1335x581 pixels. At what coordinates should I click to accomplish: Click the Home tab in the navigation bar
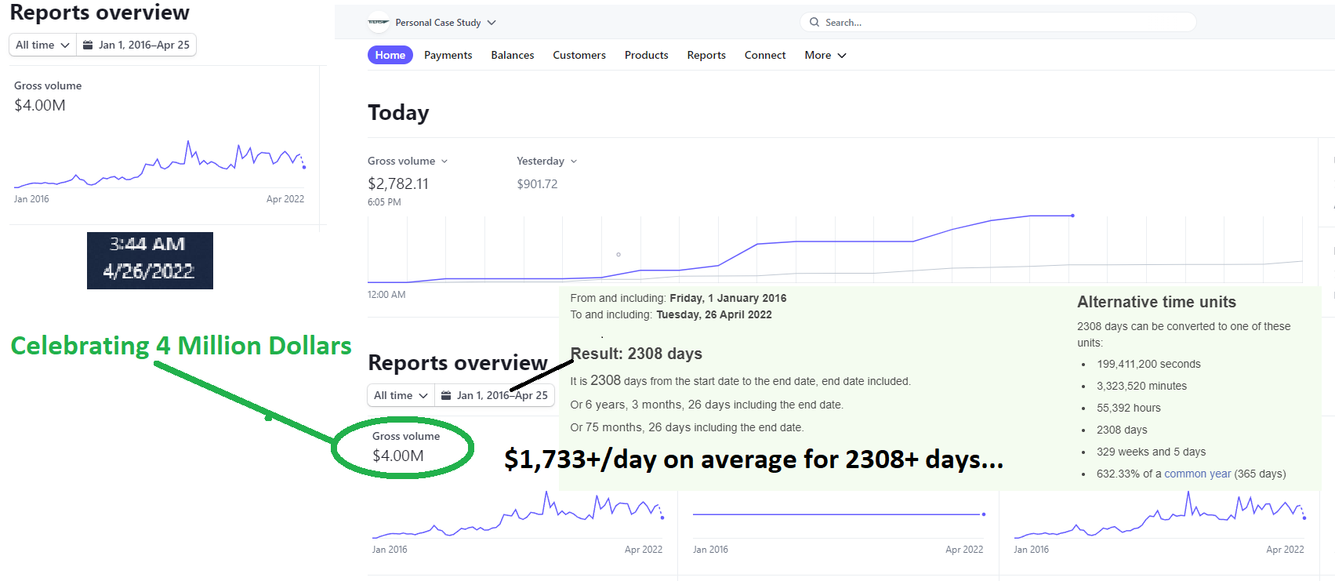pos(390,55)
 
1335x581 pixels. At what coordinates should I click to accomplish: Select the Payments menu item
pos(448,55)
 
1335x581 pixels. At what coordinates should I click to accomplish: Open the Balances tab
pos(513,55)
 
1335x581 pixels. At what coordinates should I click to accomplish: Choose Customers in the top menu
pos(579,55)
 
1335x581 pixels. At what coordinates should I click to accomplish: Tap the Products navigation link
pos(646,55)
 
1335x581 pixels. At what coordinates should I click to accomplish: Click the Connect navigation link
pos(765,55)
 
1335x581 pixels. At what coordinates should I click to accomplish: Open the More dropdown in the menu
pos(825,55)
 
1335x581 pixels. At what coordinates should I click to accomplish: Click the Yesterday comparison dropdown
pos(546,161)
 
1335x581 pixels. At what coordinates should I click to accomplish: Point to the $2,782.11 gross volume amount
pos(398,183)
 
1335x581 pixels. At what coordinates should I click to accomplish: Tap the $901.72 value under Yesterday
pos(537,184)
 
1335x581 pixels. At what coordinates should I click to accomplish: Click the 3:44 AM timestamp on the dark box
pos(147,244)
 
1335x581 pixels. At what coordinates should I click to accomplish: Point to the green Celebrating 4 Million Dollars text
pos(181,346)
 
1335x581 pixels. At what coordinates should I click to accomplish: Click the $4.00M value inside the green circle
pos(398,456)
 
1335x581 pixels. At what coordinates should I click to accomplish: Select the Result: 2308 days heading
pos(637,354)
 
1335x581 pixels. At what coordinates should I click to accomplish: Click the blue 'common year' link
pos(1197,474)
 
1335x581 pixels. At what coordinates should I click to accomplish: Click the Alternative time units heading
pos(1156,302)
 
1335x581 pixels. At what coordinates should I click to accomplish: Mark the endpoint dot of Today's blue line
pos(1072,215)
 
